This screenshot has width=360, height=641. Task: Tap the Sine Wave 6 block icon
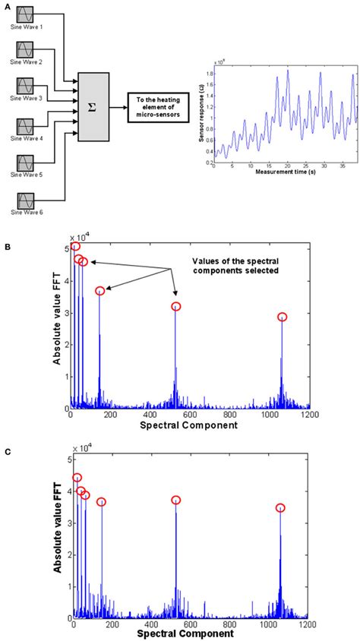25,201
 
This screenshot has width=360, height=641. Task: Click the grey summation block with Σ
92,108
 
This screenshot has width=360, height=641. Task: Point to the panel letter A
7,4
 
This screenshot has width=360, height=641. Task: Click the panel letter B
7,248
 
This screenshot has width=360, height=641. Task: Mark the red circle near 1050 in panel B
283,317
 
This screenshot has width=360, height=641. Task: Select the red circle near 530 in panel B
176,307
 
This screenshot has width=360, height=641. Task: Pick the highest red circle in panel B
75,247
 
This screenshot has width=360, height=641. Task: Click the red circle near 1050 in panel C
280,508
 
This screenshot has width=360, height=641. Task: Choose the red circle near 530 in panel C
175,500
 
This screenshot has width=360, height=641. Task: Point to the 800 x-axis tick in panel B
229,415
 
